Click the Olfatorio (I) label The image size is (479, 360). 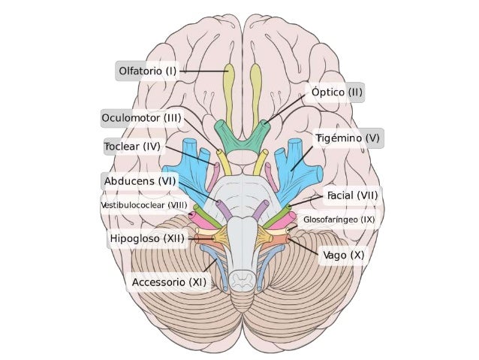tap(148, 71)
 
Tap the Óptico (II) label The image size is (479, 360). tap(336, 92)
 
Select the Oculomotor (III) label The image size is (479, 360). tap(141, 118)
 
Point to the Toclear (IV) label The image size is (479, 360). tap(132, 147)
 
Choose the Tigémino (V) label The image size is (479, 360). tap(348, 138)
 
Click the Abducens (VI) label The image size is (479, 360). tap(140, 181)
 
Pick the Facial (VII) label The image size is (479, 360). tap(352, 195)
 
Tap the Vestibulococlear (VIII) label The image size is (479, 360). tap(144, 205)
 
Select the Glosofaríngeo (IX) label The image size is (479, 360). tap(339, 219)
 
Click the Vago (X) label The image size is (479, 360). tap(344, 255)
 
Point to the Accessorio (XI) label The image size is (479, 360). tap(169, 282)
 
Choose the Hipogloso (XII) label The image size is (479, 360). tap(147, 238)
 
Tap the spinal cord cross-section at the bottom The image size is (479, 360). tap(243, 280)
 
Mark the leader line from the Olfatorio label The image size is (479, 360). tap(204, 71)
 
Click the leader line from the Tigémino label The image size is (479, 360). tap(302, 159)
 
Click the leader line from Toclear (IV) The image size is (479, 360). tap(191, 156)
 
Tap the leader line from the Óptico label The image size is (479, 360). tap(285, 109)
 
